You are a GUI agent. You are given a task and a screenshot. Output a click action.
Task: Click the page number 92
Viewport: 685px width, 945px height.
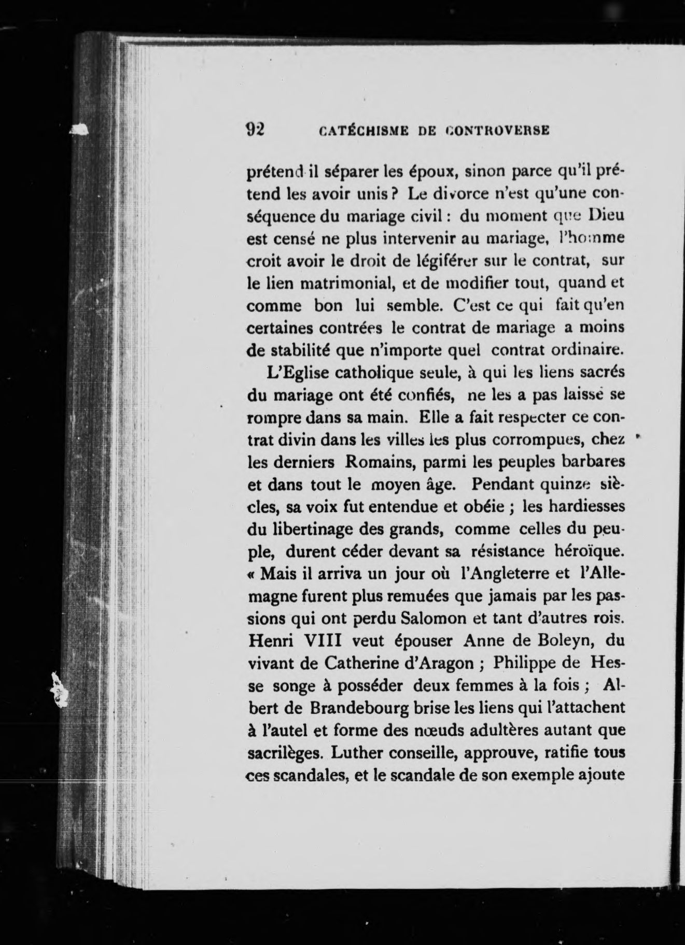pyautogui.click(x=255, y=130)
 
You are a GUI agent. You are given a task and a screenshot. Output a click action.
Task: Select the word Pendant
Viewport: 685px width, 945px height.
pyautogui.click(x=503, y=484)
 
